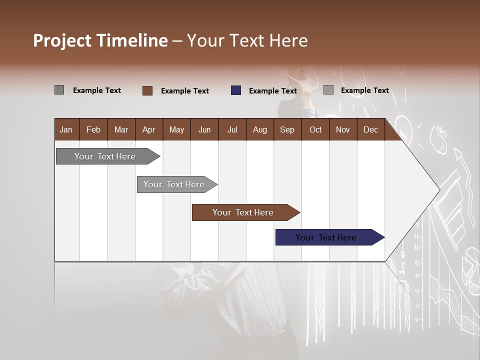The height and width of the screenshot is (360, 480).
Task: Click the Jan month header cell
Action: (x=66, y=129)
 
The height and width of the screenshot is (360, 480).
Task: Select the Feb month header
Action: (x=93, y=129)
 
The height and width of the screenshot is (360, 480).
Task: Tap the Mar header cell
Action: (x=121, y=129)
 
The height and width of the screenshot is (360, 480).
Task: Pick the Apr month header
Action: (x=149, y=129)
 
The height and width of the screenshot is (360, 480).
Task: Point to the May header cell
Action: (x=176, y=129)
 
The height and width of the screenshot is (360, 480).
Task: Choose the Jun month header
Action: (x=204, y=129)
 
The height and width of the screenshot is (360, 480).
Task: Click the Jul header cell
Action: (x=232, y=129)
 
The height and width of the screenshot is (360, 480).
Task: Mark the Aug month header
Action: (x=260, y=129)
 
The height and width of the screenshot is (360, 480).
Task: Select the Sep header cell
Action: (x=287, y=129)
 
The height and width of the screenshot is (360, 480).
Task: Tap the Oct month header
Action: (x=315, y=129)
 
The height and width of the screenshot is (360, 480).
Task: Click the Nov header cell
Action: (x=343, y=129)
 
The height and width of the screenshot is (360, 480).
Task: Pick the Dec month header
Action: (x=371, y=129)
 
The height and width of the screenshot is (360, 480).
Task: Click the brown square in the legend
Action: (x=147, y=90)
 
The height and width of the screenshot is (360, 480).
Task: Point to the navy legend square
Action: (x=236, y=90)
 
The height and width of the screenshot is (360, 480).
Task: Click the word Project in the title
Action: (x=62, y=40)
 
